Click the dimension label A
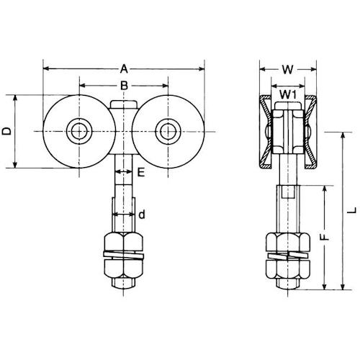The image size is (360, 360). (x=123, y=69)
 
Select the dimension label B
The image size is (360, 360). (x=123, y=86)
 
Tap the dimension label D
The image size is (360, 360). (x=6, y=131)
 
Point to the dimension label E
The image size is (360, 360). (x=141, y=172)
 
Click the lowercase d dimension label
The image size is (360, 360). (x=142, y=214)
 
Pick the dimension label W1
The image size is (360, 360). (x=287, y=94)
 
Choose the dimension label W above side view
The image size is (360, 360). (x=288, y=70)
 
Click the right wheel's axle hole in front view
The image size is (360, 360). (x=168, y=131)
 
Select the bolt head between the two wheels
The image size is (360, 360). (x=122, y=108)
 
